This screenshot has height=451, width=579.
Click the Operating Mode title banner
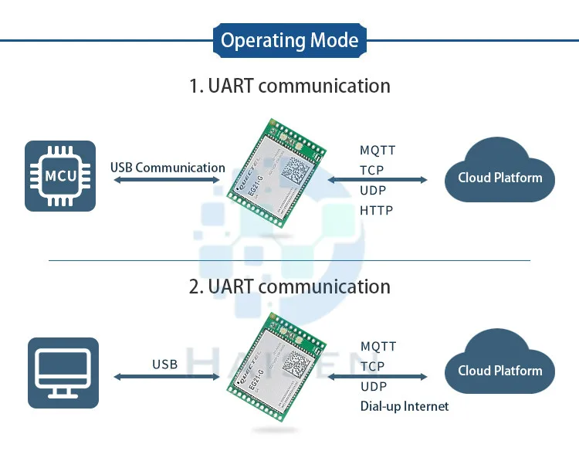click(x=289, y=40)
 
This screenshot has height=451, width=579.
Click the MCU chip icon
click(x=60, y=175)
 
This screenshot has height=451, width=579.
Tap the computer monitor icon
click(x=63, y=372)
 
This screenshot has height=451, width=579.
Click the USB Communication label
click(x=168, y=168)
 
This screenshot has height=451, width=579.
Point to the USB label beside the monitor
click(x=164, y=364)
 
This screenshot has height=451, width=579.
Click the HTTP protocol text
click(x=376, y=210)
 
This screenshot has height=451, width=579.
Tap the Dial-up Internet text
click(x=404, y=405)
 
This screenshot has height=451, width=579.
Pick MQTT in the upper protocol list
click(x=378, y=151)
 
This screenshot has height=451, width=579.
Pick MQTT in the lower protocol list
click(x=378, y=347)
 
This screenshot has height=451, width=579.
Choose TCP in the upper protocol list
click(x=371, y=171)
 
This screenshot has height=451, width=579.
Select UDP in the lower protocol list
click(x=373, y=386)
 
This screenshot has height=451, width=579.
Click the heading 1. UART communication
click(x=289, y=85)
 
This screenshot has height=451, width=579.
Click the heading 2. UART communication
click(x=289, y=287)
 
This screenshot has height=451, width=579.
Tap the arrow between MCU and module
click(x=167, y=181)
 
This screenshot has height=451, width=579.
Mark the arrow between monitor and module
click(x=167, y=377)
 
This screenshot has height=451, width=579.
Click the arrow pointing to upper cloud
click(x=378, y=181)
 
